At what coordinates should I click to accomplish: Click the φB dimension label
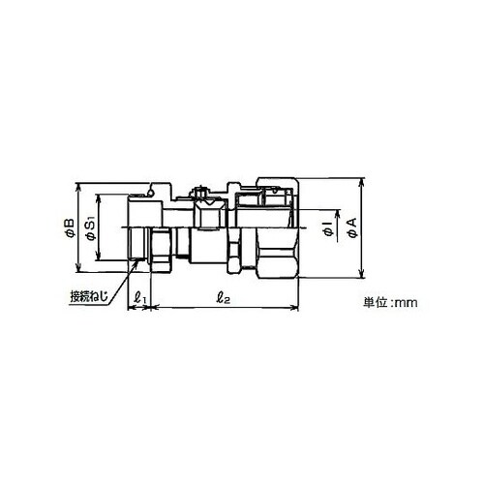[x=70, y=228]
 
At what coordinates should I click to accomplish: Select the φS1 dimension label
[x=91, y=229]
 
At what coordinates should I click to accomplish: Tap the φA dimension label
[x=352, y=228]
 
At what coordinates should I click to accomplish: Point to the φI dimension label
[x=328, y=228]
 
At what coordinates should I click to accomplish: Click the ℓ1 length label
[x=140, y=297]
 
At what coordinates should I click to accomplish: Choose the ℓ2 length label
[x=223, y=298]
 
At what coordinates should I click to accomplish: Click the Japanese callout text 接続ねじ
[x=89, y=296]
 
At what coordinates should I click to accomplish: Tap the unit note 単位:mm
[x=390, y=303]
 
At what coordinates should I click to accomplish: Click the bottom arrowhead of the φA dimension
[x=362, y=273]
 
